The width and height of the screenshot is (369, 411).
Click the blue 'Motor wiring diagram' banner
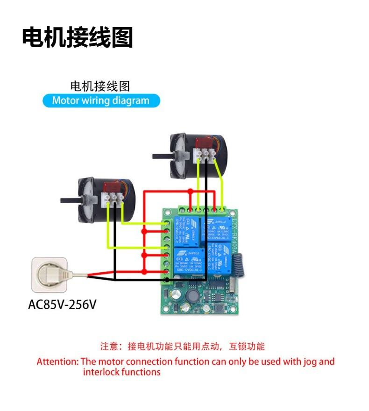(101, 100)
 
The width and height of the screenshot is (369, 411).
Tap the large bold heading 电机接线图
(78, 37)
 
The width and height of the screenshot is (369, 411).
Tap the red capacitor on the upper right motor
(205, 143)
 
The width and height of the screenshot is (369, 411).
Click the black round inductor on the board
(192, 295)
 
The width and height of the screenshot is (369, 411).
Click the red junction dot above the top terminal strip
(191, 191)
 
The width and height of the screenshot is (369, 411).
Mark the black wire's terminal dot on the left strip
(168, 279)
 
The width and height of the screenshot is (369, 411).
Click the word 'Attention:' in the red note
(58, 361)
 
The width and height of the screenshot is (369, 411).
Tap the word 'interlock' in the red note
(99, 372)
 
